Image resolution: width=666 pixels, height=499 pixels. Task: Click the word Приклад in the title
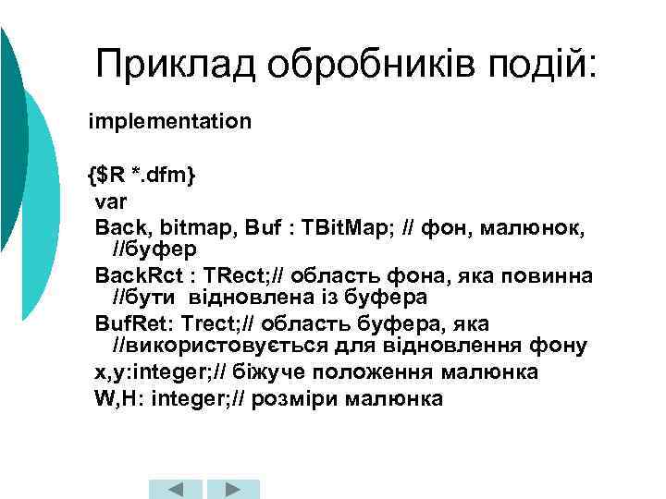(174, 64)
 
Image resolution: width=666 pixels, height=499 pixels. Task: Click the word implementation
(169, 121)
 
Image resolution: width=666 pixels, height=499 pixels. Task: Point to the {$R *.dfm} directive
(142, 173)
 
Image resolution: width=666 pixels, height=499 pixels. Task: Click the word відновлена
(245, 298)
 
